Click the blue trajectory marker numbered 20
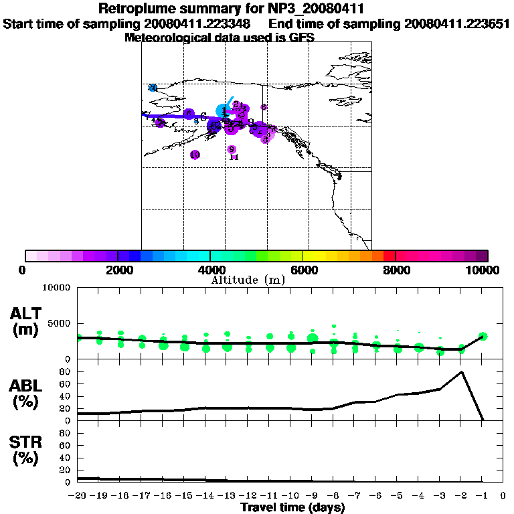coord(153,88)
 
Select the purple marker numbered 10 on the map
coord(195,155)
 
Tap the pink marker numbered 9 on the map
coord(232,149)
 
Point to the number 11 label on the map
coord(234,157)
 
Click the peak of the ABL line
coord(461,372)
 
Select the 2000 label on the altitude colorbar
coord(116,270)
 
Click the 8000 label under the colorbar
coord(396,270)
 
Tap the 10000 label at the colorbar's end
coord(484,270)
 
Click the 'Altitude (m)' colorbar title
coord(248,280)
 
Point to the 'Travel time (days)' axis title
coord(292,507)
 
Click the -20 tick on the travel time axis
coord(79,496)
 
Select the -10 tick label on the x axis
coord(291,496)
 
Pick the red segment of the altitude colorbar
coord(389,256)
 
